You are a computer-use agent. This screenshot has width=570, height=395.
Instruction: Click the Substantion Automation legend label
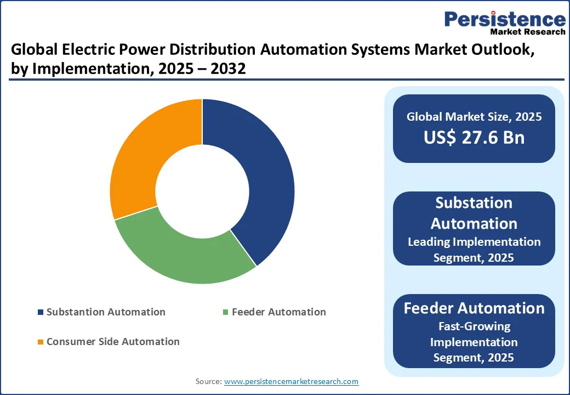click(106, 312)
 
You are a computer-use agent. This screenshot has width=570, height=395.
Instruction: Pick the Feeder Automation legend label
click(278, 312)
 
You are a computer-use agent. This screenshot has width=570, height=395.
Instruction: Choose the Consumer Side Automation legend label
click(113, 342)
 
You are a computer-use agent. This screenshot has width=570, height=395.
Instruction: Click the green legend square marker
click(225, 313)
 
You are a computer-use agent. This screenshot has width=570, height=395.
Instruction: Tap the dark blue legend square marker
click(40, 313)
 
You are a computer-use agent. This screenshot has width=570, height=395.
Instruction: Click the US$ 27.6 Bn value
click(474, 137)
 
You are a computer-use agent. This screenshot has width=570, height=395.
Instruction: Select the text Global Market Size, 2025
click(474, 116)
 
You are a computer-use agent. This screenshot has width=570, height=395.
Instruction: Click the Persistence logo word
click(505, 20)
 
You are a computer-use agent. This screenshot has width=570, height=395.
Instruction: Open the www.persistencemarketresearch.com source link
click(292, 381)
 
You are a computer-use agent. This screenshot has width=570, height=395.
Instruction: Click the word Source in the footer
click(208, 381)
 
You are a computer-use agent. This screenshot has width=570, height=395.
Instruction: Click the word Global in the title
click(33, 50)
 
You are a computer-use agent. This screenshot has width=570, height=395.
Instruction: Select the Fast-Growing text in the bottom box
click(474, 326)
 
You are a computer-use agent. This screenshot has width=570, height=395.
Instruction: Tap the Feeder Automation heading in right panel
click(474, 308)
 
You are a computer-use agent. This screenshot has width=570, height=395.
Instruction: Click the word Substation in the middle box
click(474, 203)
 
